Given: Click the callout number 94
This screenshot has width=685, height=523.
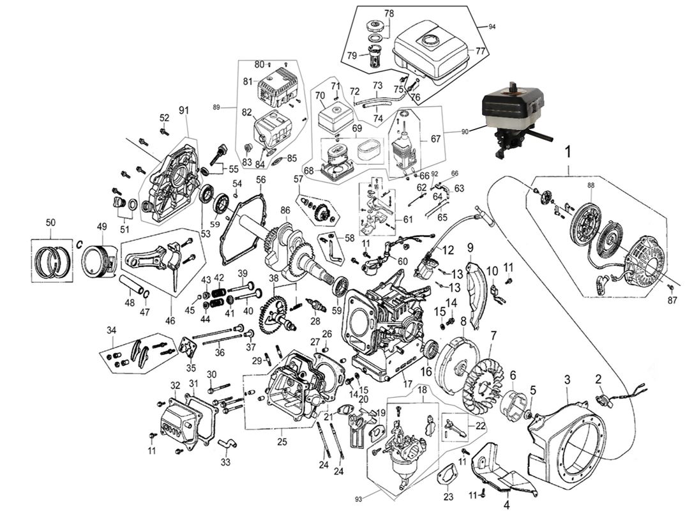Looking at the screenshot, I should (491, 26).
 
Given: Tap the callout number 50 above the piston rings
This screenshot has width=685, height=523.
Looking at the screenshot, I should (50, 222).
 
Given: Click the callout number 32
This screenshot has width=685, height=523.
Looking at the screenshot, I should (175, 385).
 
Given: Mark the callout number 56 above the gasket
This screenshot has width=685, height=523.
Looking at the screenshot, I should (260, 180).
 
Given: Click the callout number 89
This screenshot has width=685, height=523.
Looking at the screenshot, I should (216, 108).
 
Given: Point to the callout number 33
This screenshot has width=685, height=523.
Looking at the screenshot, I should (225, 462).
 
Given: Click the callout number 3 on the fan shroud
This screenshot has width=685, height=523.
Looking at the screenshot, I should (566, 379).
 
